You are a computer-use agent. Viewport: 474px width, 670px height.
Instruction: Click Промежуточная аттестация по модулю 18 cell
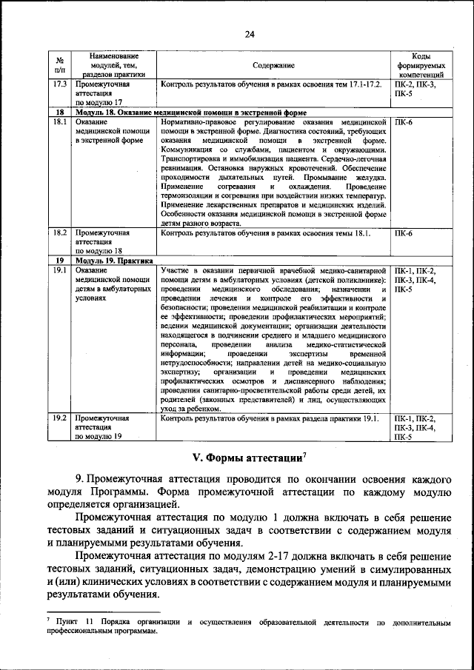coord(101,241)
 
